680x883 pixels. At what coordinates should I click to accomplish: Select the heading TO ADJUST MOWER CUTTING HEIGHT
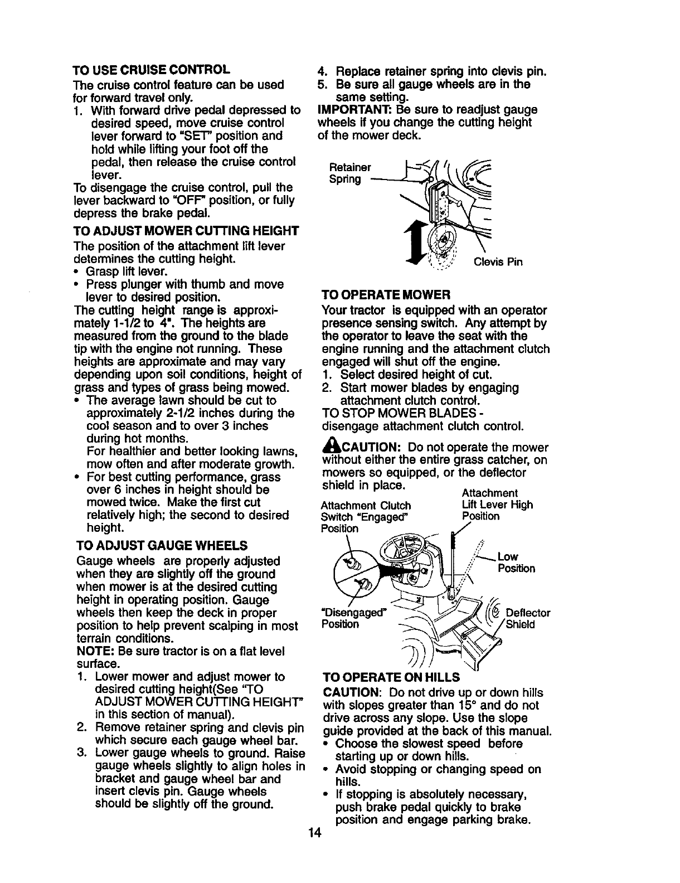point(187,231)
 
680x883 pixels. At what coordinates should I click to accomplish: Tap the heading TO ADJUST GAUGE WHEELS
point(162,545)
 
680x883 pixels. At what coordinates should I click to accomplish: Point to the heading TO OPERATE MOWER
point(386,294)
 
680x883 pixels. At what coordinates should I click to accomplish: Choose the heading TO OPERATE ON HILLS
point(391,677)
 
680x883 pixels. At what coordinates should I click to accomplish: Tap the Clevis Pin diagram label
point(498,262)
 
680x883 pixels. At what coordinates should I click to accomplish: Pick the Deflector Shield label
point(528,619)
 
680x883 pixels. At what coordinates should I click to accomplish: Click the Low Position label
point(516,562)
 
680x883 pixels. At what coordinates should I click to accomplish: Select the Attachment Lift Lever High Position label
point(497,504)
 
